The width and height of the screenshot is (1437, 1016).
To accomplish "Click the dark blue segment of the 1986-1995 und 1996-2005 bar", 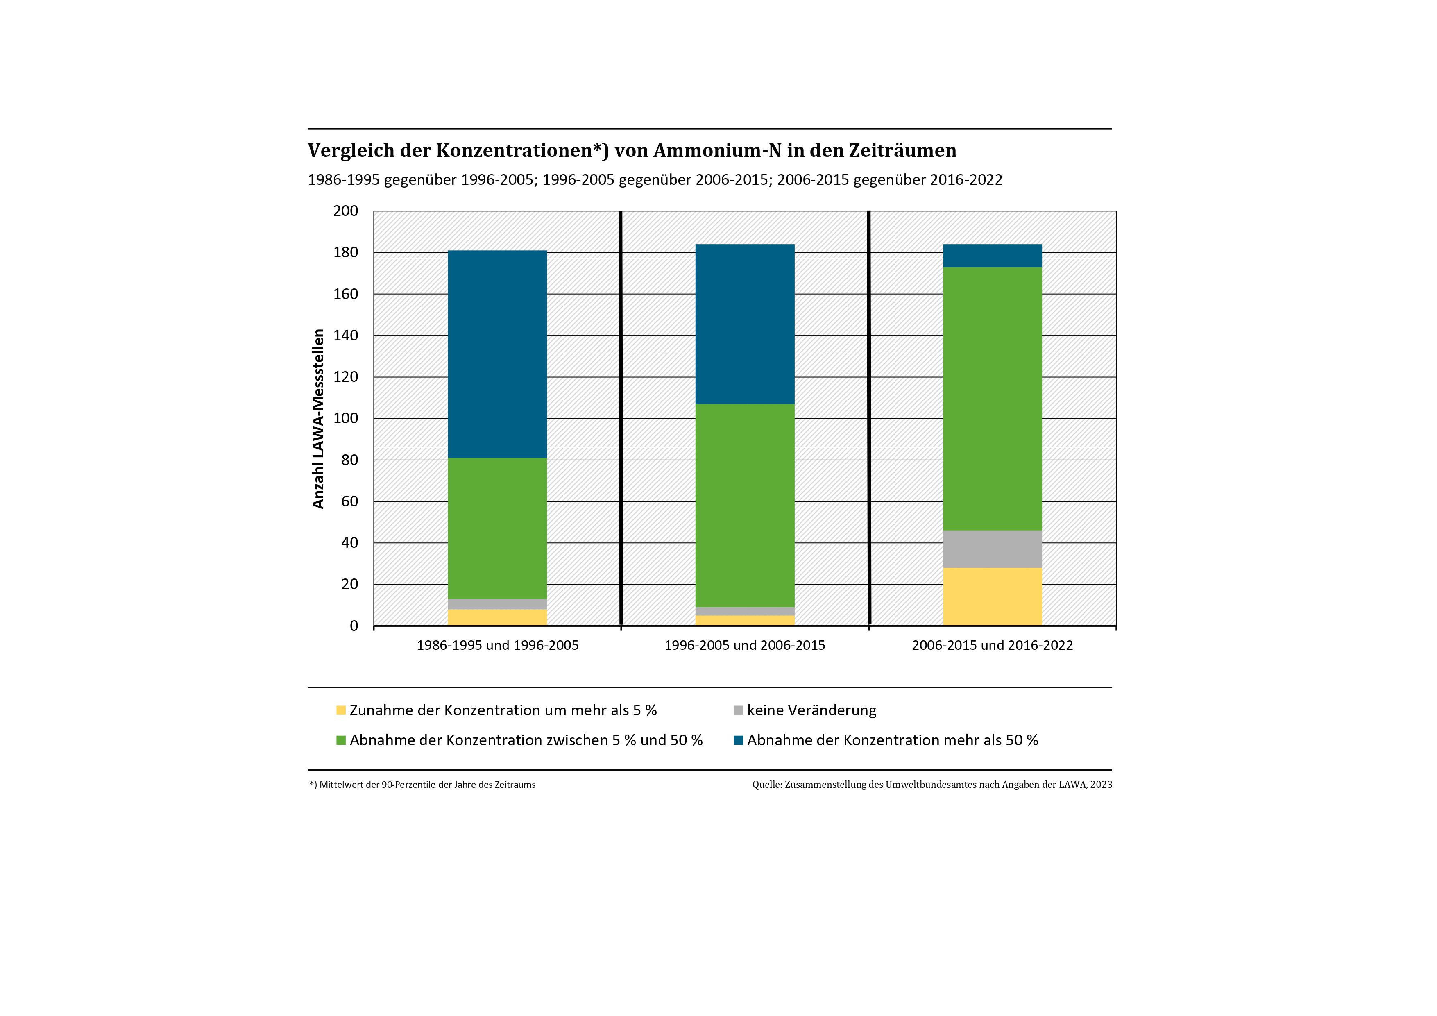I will [x=498, y=354].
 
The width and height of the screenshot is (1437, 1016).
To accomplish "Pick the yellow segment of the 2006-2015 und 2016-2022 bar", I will [x=992, y=596].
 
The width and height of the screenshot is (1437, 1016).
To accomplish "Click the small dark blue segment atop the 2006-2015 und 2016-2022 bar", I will [x=992, y=255].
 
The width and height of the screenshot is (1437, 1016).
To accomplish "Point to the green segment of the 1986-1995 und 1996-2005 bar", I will [x=498, y=528].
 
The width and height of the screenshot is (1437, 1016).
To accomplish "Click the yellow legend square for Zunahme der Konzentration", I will [x=341, y=710].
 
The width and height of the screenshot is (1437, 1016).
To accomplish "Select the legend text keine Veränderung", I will [x=812, y=710].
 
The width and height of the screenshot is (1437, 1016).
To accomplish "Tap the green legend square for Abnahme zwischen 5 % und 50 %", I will [x=341, y=741].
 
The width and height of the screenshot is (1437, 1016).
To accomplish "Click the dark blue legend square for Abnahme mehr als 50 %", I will [x=739, y=741].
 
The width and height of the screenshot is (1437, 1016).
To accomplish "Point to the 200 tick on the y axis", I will [x=345, y=211].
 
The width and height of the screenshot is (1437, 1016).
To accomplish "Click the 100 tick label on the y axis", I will [x=345, y=418].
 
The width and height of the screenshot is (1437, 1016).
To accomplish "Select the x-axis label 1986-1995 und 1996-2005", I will [x=498, y=645].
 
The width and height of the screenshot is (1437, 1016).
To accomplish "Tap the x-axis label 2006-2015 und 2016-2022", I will [x=992, y=645].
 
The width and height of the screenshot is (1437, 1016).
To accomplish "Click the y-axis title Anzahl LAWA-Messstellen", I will [x=319, y=418].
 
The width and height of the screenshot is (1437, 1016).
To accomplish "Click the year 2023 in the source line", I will [x=1101, y=785].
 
